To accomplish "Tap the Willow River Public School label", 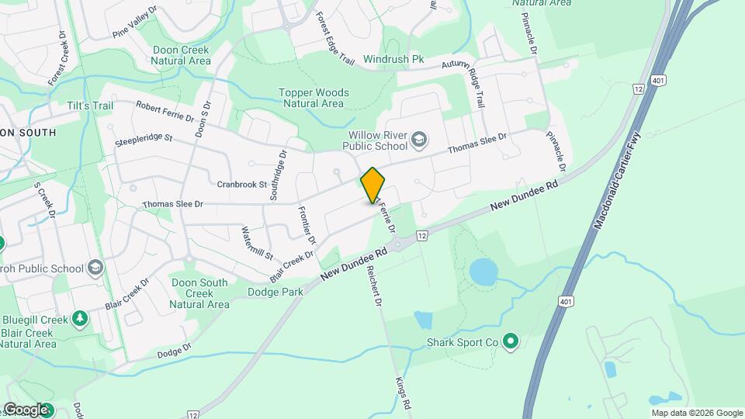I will pos(377,140).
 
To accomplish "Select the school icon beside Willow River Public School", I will pos(419,140).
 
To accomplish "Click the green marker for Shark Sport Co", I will pos(510,341).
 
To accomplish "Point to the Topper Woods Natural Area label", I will pos(314,98).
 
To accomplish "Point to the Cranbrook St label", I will pos(241,185).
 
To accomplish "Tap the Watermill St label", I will pos(257,243).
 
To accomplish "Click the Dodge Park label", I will pos(274,293).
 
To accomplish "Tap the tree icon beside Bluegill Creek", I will pos(78,319).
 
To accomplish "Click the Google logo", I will pos(26,410).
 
